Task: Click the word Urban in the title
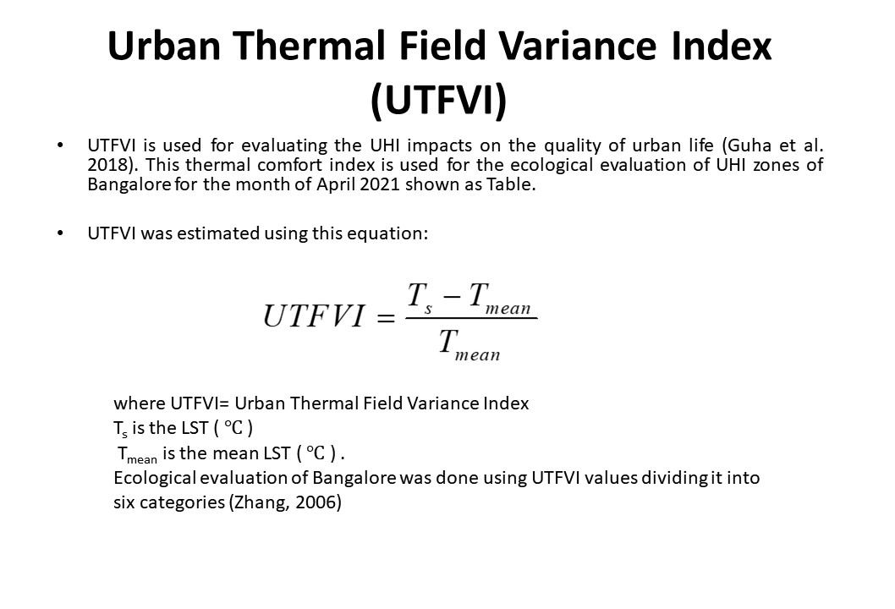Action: click(164, 46)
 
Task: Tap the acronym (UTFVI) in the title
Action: click(438, 100)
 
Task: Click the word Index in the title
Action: click(722, 46)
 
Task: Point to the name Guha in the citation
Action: click(750, 145)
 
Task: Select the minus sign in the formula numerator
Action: click(452, 298)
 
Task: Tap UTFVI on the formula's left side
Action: click(313, 315)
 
